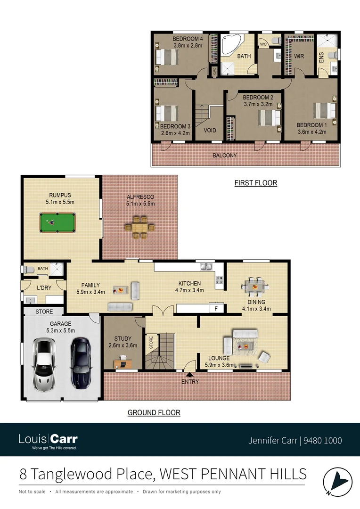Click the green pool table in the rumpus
coord(57,222)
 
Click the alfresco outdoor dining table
coord(139,227)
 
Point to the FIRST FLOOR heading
coord(255,183)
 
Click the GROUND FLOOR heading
coord(154,412)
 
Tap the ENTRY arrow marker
coord(189,375)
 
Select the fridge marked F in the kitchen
coord(216,309)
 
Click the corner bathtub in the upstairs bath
coord(231,45)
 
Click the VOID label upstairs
coord(210,130)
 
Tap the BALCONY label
coord(224,155)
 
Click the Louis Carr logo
coord(48,441)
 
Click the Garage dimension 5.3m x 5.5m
coord(60,331)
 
